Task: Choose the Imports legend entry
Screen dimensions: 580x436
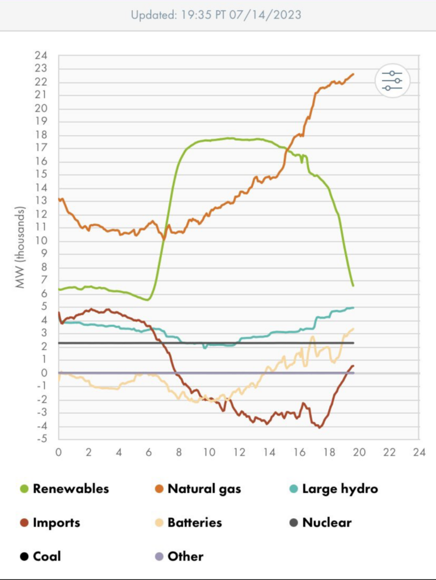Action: point(56,523)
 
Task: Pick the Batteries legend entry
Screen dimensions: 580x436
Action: point(195,523)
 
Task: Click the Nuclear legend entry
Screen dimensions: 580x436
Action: point(326,523)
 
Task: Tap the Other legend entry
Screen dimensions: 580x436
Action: point(185,556)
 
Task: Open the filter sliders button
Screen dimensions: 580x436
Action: point(392,81)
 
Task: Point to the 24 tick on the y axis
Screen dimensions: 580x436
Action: point(41,56)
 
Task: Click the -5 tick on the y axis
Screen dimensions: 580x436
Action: point(41,439)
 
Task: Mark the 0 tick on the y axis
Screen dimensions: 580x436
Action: point(44,373)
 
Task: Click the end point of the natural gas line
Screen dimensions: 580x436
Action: point(354,74)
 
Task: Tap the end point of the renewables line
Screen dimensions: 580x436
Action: point(353,285)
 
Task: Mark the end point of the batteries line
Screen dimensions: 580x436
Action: point(354,329)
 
